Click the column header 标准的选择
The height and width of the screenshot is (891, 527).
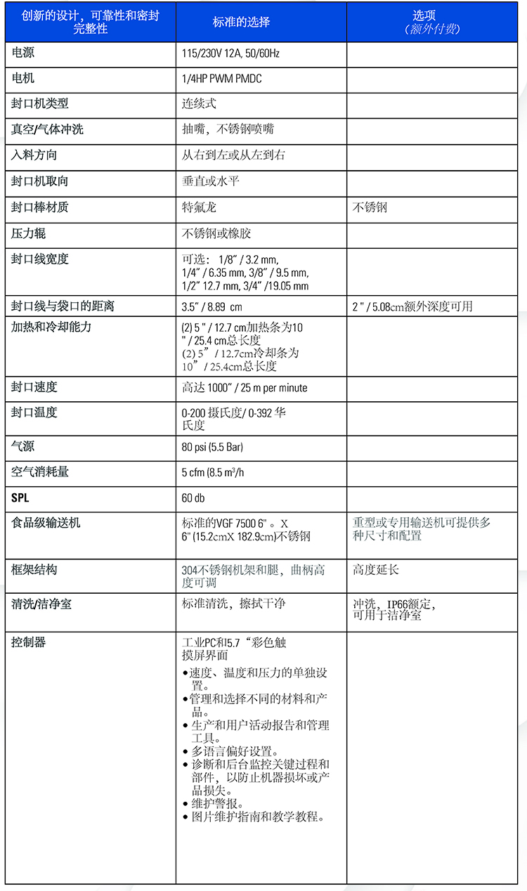tap(241, 22)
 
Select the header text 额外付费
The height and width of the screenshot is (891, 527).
tap(432, 30)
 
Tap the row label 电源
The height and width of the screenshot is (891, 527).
tap(23, 53)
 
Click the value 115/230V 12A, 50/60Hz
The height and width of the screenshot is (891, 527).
tap(230, 53)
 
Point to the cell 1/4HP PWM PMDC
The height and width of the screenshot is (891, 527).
tap(221, 79)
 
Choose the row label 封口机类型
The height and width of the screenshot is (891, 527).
tap(40, 103)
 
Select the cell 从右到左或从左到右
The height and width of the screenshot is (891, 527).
tap(233, 155)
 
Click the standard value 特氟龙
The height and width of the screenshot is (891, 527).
tap(200, 207)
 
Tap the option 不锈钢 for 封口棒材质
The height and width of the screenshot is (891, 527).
tap(370, 207)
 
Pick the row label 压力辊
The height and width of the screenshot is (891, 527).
tap(29, 233)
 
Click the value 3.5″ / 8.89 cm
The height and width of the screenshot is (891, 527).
tap(212, 306)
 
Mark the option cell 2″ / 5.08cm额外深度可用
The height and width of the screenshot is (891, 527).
tap(412, 306)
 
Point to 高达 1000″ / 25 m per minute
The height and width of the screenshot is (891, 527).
tap(245, 388)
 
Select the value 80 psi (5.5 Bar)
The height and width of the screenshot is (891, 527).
tap(212, 446)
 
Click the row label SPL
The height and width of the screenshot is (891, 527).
tap(20, 498)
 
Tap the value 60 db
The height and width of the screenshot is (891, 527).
tap(193, 498)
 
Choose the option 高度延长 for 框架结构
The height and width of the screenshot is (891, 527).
tap(375, 569)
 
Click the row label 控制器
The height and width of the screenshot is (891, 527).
tap(29, 642)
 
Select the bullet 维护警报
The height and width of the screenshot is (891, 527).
tap(218, 803)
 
